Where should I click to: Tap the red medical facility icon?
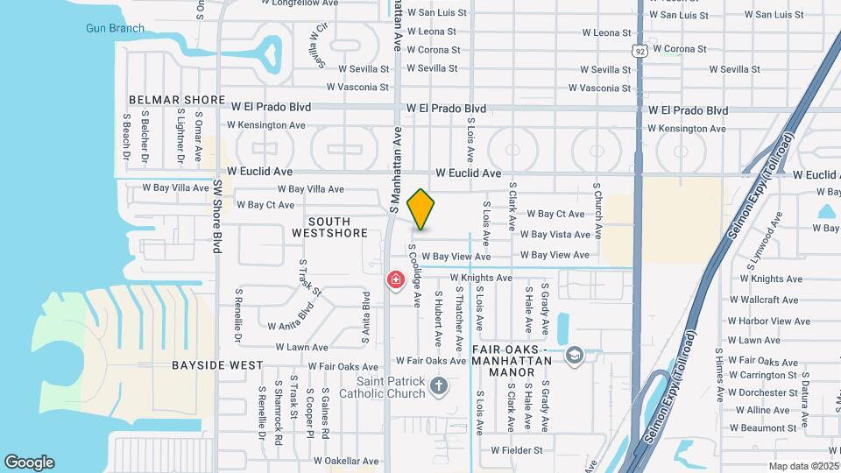coord(396,279)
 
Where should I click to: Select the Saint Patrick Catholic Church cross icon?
coord(440,385)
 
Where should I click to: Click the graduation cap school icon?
coord(574,355)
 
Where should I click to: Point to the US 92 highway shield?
coord(642,52)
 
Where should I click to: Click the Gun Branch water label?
coord(115,28)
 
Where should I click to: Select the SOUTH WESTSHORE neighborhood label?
coord(329,228)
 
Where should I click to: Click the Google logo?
coord(29,462)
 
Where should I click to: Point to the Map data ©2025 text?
coord(803,466)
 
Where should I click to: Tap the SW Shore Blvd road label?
coord(217,216)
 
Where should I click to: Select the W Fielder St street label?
coord(517,450)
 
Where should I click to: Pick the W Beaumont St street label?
coord(765,427)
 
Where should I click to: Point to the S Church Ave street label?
coord(597,210)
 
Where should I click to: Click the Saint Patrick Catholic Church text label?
coord(391,387)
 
